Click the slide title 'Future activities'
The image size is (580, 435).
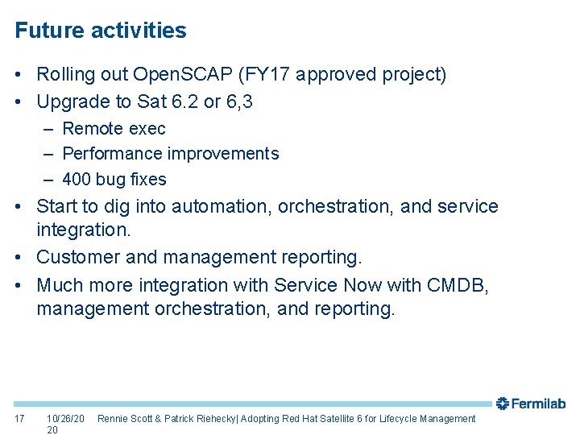[x=101, y=31]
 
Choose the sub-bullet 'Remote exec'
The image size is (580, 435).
[x=114, y=129]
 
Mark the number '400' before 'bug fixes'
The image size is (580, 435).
[x=77, y=180]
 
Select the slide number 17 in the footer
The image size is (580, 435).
[x=20, y=419]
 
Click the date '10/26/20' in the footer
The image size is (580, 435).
[x=65, y=419]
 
